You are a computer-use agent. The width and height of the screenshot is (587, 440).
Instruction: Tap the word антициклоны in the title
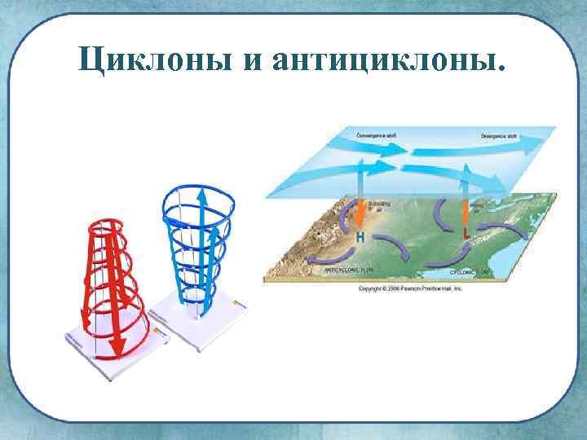391,59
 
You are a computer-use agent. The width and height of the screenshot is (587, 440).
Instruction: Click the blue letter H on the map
360,237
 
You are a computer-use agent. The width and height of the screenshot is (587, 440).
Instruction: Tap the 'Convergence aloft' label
376,133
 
